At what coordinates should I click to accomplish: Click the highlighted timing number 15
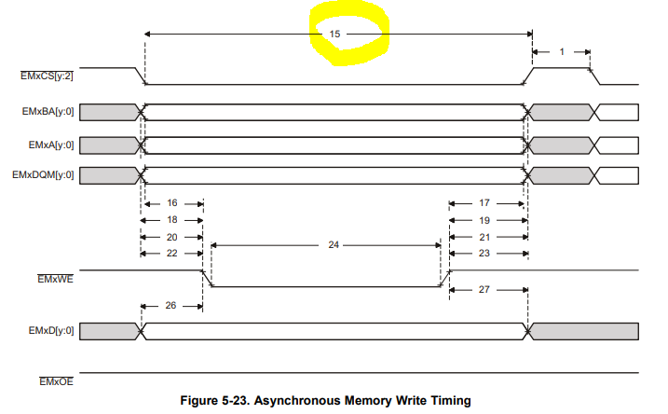point(334,34)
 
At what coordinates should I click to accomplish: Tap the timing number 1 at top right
point(561,51)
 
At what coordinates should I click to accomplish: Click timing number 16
point(171,202)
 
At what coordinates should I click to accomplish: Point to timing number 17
point(484,202)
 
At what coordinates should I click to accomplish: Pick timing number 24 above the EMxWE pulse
point(334,245)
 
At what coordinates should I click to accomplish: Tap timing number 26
point(171,305)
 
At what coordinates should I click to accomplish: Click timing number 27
point(484,290)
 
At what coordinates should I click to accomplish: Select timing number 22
point(171,253)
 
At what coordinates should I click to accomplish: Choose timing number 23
point(484,253)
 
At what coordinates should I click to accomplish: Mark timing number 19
point(484,219)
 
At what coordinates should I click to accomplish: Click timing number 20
point(171,236)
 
